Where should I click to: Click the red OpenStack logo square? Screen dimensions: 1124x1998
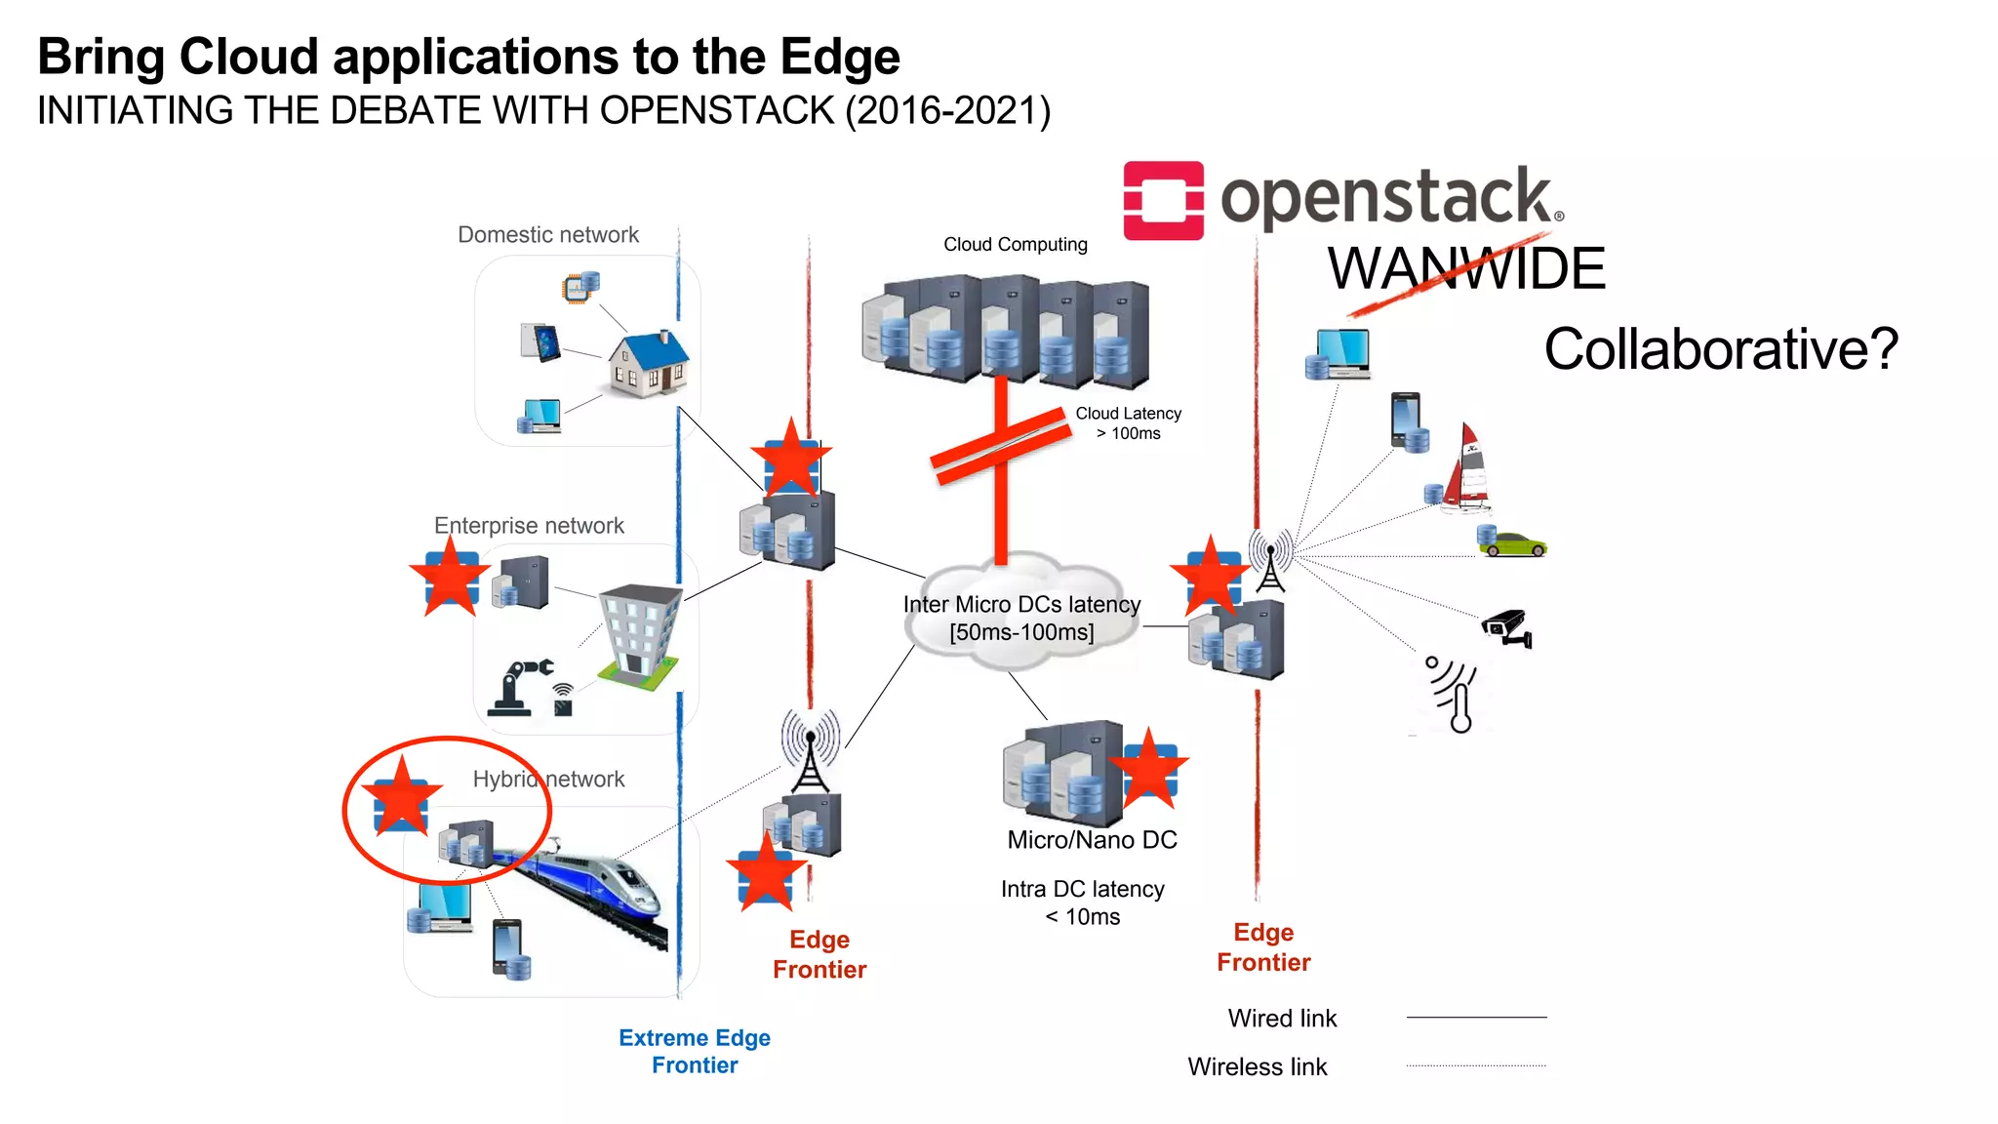click(x=1163, y=200)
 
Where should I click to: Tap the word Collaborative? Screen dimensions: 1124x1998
click(x=1720, y=349)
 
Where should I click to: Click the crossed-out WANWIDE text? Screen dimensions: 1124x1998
click(x=1465, y=269)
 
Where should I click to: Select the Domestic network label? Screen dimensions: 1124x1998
click(x=548, y=235)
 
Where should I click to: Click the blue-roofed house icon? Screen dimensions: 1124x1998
click(x=649, y=363)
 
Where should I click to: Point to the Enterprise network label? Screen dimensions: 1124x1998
click(x=529, y=526)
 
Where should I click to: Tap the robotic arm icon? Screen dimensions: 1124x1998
click(x=519, y=687)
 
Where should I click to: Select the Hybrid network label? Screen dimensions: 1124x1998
click(x=548, y=779)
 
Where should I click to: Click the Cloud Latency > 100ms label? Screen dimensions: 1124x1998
click(x=1128, y=423)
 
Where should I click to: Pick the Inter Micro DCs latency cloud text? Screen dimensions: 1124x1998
click(x=1021, y=619)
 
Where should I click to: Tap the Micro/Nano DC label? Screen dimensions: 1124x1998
click(x=1092, y=840)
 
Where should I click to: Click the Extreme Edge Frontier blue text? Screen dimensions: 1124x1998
click(x=695, y=1051)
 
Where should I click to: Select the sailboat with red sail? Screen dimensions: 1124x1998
click(x=1467, y=469)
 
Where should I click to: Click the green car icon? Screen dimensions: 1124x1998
click(x=1514, y=544)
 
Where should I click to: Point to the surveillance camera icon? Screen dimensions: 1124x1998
click(x=1507, y=627)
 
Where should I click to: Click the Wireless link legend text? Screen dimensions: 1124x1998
click(x=1257, y=1066)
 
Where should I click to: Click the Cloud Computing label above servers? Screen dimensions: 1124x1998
click(x=1015, y=245)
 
